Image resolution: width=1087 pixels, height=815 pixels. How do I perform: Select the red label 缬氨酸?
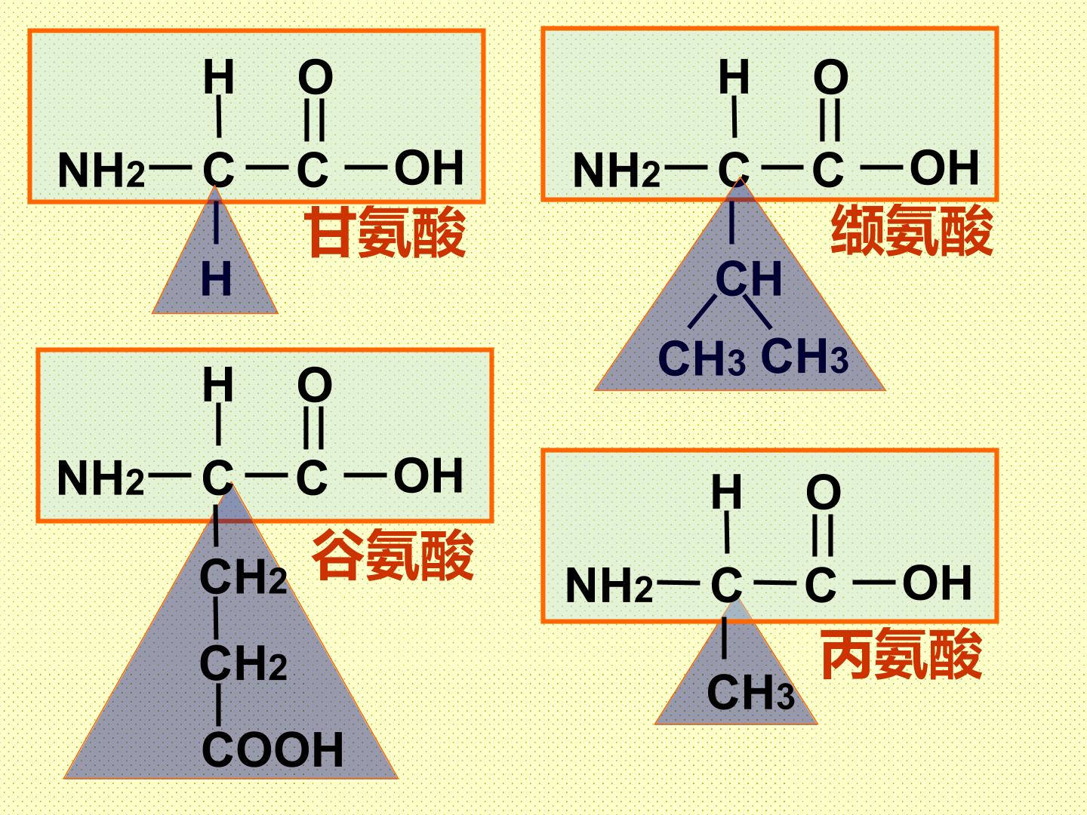coord(912,230)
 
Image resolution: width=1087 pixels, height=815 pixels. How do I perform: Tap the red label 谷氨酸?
coord(393,554)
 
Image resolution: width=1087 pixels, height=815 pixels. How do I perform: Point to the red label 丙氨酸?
coord(902,654)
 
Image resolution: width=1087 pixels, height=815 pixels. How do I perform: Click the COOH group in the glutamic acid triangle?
coord(273,750)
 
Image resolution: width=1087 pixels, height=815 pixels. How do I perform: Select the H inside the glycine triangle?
coord(217,278)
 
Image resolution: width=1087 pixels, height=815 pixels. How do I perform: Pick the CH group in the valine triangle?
coord(749,278)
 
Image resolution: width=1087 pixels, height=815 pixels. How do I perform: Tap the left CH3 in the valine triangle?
coord(702,357)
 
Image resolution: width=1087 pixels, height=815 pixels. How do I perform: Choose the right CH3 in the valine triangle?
coord(804,355)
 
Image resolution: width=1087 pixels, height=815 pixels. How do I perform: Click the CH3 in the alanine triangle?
coord(751,692)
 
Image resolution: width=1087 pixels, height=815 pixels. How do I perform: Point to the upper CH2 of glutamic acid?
coord(243,577)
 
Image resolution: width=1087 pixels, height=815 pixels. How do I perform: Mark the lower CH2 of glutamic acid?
coord(243,663)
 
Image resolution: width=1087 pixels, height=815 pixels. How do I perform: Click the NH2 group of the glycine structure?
coord(101,171)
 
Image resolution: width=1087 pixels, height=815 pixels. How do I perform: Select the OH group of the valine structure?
coord(944,168)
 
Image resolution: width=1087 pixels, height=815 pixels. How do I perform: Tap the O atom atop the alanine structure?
coord(824,492)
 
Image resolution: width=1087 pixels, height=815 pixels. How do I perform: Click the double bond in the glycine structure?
coord(315,119)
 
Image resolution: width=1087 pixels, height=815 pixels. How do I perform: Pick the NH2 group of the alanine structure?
coord(609,585)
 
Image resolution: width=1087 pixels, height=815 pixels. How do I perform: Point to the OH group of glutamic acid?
coord(428,475)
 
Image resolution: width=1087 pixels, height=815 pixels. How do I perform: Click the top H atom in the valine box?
coord(734,77)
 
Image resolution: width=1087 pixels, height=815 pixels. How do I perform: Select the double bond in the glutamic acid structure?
coord(313,428)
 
